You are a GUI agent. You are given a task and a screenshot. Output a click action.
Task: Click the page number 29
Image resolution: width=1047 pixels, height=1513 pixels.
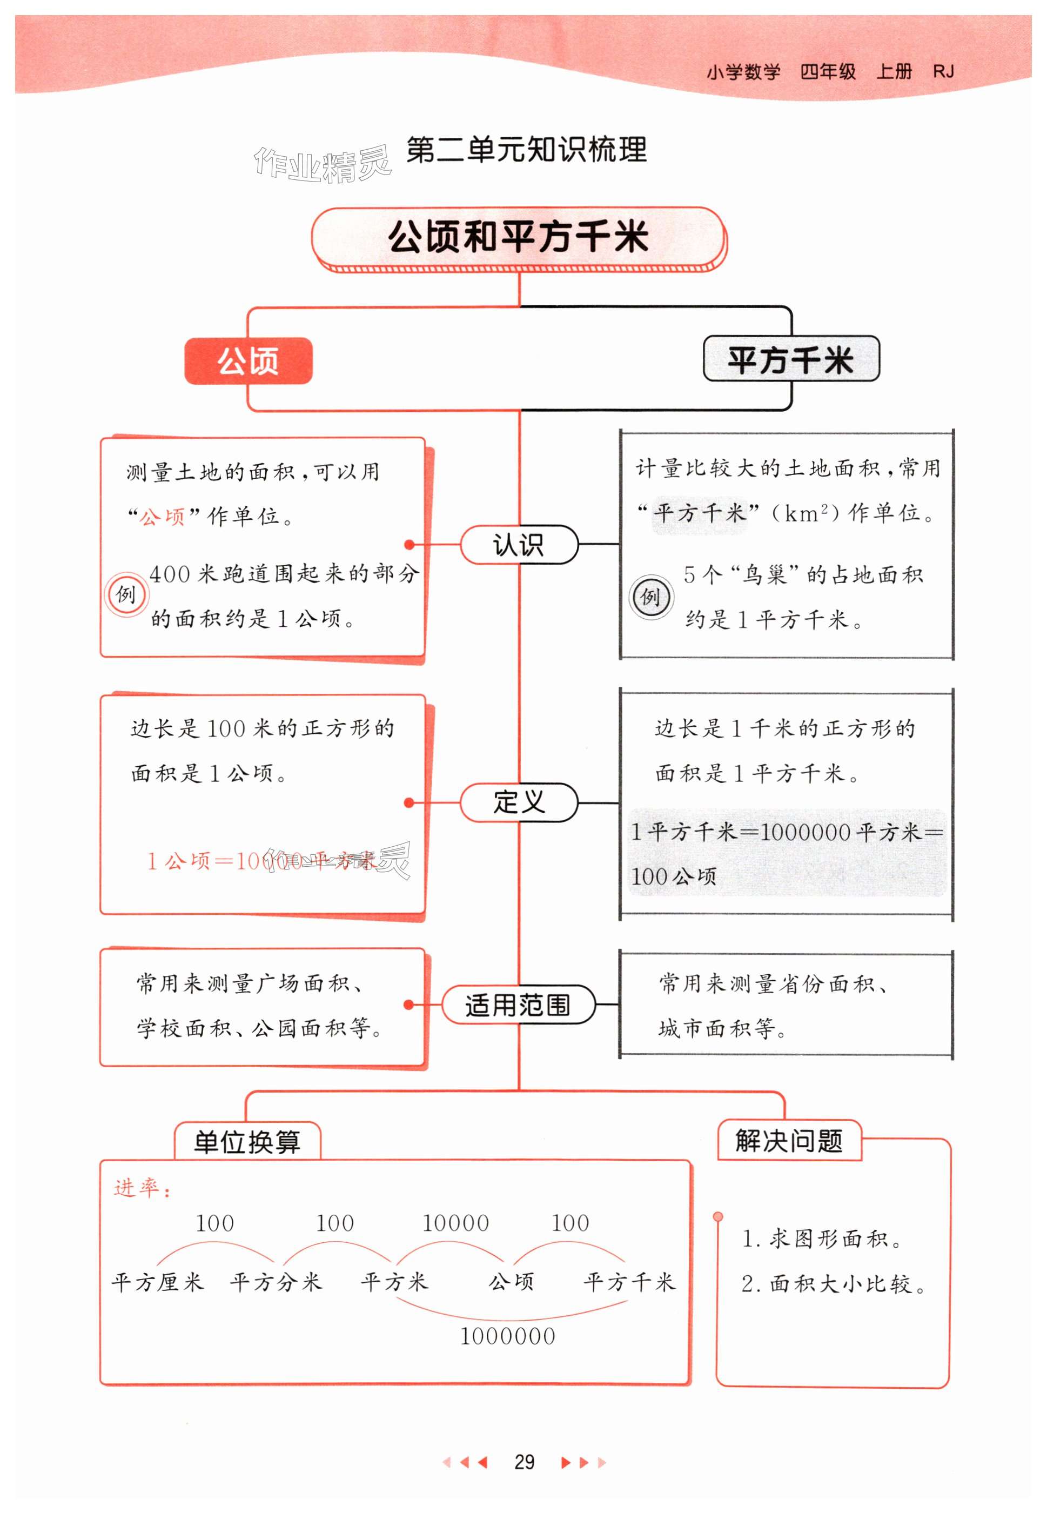[523, 1461]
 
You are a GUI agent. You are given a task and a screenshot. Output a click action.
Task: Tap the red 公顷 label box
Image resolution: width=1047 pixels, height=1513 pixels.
[248, 361]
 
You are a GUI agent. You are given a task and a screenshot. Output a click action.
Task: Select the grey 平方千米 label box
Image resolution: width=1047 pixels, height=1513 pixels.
[790, 359]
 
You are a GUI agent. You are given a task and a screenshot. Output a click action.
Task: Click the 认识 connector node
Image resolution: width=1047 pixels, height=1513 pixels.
[518, 545]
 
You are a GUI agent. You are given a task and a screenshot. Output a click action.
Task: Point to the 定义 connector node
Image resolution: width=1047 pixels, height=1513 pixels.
[518, 802]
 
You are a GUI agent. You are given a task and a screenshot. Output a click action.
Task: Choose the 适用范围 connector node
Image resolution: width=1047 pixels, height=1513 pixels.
[518, 1005]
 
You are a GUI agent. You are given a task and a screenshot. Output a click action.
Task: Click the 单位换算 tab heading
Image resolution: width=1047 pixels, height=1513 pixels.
[247, 1142]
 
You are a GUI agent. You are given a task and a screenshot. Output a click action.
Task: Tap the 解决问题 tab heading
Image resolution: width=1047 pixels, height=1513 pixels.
[789, 1140]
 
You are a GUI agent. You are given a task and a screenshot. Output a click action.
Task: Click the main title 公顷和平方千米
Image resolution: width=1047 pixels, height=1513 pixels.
[518, 237]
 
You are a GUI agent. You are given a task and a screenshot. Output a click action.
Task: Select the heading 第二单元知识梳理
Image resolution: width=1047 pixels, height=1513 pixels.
[526, 150]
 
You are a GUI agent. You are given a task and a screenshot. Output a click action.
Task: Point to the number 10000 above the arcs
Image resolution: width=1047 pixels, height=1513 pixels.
[455, 1223]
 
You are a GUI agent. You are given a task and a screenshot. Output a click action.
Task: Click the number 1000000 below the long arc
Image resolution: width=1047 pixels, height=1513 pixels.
[507, 1336]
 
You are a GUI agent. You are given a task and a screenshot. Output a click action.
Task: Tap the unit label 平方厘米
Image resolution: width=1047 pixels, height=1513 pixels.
[157, 1281]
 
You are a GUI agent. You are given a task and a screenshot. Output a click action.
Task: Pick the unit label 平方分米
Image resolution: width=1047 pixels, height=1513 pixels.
[276, 1281]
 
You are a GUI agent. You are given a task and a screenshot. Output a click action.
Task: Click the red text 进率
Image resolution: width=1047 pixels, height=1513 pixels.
[141, 1188]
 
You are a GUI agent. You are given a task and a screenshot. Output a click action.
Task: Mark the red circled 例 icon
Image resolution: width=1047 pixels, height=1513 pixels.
[125, 595]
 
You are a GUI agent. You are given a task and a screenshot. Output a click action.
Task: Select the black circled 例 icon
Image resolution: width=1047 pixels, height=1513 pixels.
[650, 597]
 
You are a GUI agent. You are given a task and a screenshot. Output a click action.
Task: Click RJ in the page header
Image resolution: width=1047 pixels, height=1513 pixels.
[943, 71]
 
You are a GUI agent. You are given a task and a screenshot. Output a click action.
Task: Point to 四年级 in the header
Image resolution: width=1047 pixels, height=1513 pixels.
[828, 71]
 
